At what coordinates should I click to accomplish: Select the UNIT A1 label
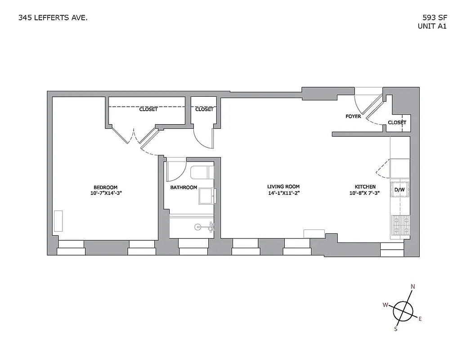click(x=432, y=26)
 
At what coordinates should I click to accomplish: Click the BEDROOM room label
click(x=106, y=188)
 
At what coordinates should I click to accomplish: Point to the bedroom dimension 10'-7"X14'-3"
click(x=106, y=194)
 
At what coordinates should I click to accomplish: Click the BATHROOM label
click(x=184, y=188)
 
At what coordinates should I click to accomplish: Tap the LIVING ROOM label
click(x=283, y=187)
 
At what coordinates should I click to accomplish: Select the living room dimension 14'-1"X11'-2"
click(x=283, y=193)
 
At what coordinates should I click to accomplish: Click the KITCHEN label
click(x=365, y=187)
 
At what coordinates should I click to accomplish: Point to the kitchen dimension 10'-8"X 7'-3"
click(x=365, y=193)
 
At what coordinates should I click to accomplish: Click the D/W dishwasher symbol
click(x=400, y=189)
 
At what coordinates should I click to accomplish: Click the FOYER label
click(x=353, y=117)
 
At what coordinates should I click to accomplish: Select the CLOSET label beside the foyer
click(x=397, y=122)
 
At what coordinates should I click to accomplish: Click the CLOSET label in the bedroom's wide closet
click(x=148, y=109)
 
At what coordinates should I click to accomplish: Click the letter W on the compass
click(x=385, y=305)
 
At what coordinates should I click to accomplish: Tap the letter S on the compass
click(x=396, y=329)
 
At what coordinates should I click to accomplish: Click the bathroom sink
click(x=207, y=195)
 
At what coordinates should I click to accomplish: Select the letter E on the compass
click(x=420, y=319)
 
